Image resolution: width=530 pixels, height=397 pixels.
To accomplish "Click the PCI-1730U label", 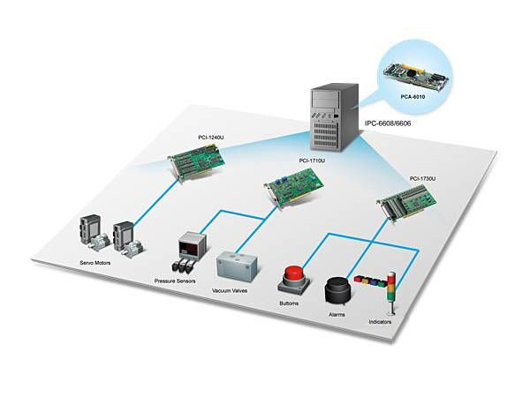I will pyautogui.click(x=423, y=178).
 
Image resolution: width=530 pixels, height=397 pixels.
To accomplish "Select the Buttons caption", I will pyautogui.click(x=288, y=303).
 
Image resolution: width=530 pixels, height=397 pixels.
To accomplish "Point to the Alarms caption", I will pyautogui.click(x=337, y=314).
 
